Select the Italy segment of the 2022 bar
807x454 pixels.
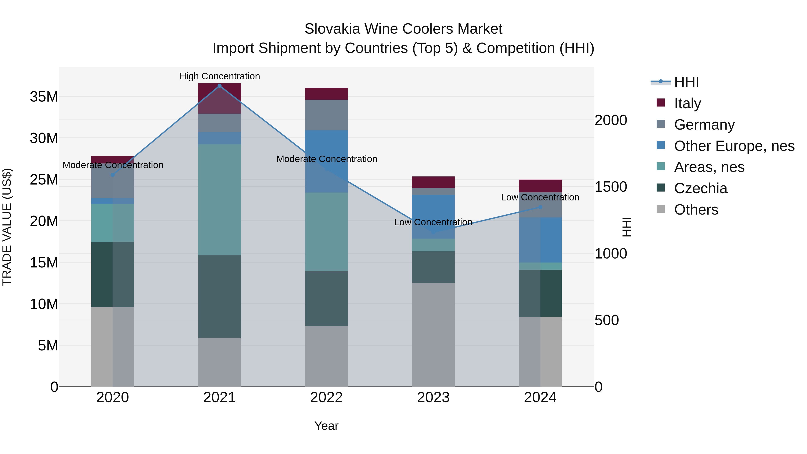tap(326, 94)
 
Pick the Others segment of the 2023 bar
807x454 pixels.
tap(433, 335)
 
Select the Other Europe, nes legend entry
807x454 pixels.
tap(734, 146)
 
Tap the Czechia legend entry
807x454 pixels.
tap(701, 188)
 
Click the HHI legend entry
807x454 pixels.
tap(686, 82)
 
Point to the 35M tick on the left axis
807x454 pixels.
tap(44, 96)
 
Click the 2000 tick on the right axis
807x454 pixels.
tap(611, 120)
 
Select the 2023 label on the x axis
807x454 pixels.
tap(433, 398)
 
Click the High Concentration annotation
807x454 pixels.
tap(220, 76)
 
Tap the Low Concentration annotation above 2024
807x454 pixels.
tap(540, 197)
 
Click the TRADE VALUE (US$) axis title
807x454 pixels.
tap(7, 227)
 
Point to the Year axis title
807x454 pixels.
tap(326, 426)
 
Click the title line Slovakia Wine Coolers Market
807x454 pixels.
tap(403, 29)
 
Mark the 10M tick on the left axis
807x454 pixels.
tap(44, 304)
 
